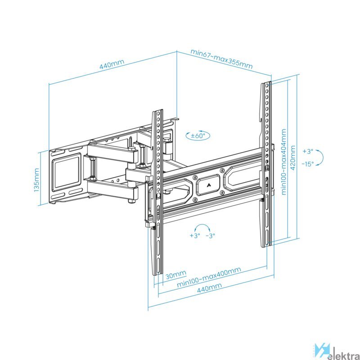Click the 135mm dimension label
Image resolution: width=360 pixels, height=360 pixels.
(36, 180)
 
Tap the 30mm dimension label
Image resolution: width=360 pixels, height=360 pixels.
(176, 275)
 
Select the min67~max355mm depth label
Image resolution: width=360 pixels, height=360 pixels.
(221, 59)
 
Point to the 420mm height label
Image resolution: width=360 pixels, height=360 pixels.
(293, 157)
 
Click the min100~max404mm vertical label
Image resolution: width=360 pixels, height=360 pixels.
(284, 162)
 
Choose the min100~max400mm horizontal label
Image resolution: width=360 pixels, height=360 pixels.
(209, 277)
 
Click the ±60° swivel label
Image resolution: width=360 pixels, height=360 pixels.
(198, 135)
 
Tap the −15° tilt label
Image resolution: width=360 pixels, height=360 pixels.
(308, 164)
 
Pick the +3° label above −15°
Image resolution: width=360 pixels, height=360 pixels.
(308, 151)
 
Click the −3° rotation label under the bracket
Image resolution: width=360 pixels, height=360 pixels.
(210, 235)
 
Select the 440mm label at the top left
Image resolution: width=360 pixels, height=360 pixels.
(112, 64)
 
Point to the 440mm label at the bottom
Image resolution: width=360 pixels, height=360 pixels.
(210, 288)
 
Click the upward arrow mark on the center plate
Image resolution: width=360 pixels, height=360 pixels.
(208, 185)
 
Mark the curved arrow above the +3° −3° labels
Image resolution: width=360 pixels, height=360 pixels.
(202, 228)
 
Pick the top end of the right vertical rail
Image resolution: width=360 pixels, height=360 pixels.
(266, 82)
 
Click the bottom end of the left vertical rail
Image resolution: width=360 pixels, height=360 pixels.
(158, 274)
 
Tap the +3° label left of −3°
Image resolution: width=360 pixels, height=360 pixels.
(195, 235)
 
